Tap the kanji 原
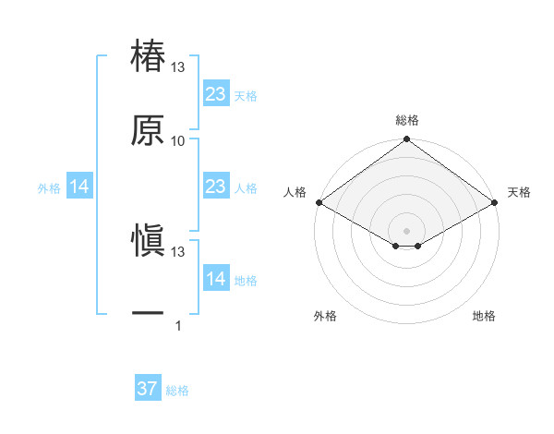pyautogui.click(x=149, y=130)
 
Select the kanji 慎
pyautogui.click(x=149, y=241)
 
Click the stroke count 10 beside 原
pyautogui.click(x=178, y=141)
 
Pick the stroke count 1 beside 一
pyautogui.click(x=178, y=325)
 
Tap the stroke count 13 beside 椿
pyautogui.click(x=178, y=68)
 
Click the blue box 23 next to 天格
pyautogui.click(x=215, y=94)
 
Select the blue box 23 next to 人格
pyautogui.click(x=215, y=187)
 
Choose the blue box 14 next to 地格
pyautogui.click(x=215, y=279)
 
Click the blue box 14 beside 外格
pyautogui.click(x=79, y=187)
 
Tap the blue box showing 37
pyautogui.click(x=148, y=389)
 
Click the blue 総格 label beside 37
pyautogui.click(x=177, y=391)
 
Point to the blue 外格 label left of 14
pyautogui.click(x=49, y=188)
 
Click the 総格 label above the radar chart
pyautogui.click(x=407, y=120)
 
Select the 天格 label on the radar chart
pyautogui.click(x=519, y=192)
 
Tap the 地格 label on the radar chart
pyautogui.click(x=484, y=316)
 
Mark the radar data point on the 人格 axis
pyautogui.click(x=319, y=202)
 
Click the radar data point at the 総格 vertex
pyautogui.click(x=406, y=140)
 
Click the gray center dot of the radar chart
pyautogui.click(x=406, y=229)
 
